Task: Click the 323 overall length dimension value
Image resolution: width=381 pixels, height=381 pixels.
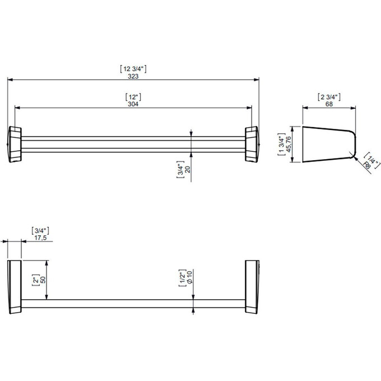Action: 133,76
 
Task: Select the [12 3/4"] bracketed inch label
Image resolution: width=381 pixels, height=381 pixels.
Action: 133,69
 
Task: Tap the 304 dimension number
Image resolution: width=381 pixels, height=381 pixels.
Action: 133,104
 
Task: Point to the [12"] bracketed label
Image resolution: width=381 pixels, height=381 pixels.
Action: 133,97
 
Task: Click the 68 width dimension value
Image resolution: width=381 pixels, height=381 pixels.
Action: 329,104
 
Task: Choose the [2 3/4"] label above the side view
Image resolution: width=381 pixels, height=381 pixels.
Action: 329,97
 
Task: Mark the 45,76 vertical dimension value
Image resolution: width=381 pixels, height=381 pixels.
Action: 289,145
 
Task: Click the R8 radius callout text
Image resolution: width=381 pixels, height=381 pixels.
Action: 366,166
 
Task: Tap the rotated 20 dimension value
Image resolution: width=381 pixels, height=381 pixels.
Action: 188,169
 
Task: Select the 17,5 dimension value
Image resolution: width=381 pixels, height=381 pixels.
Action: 40,238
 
